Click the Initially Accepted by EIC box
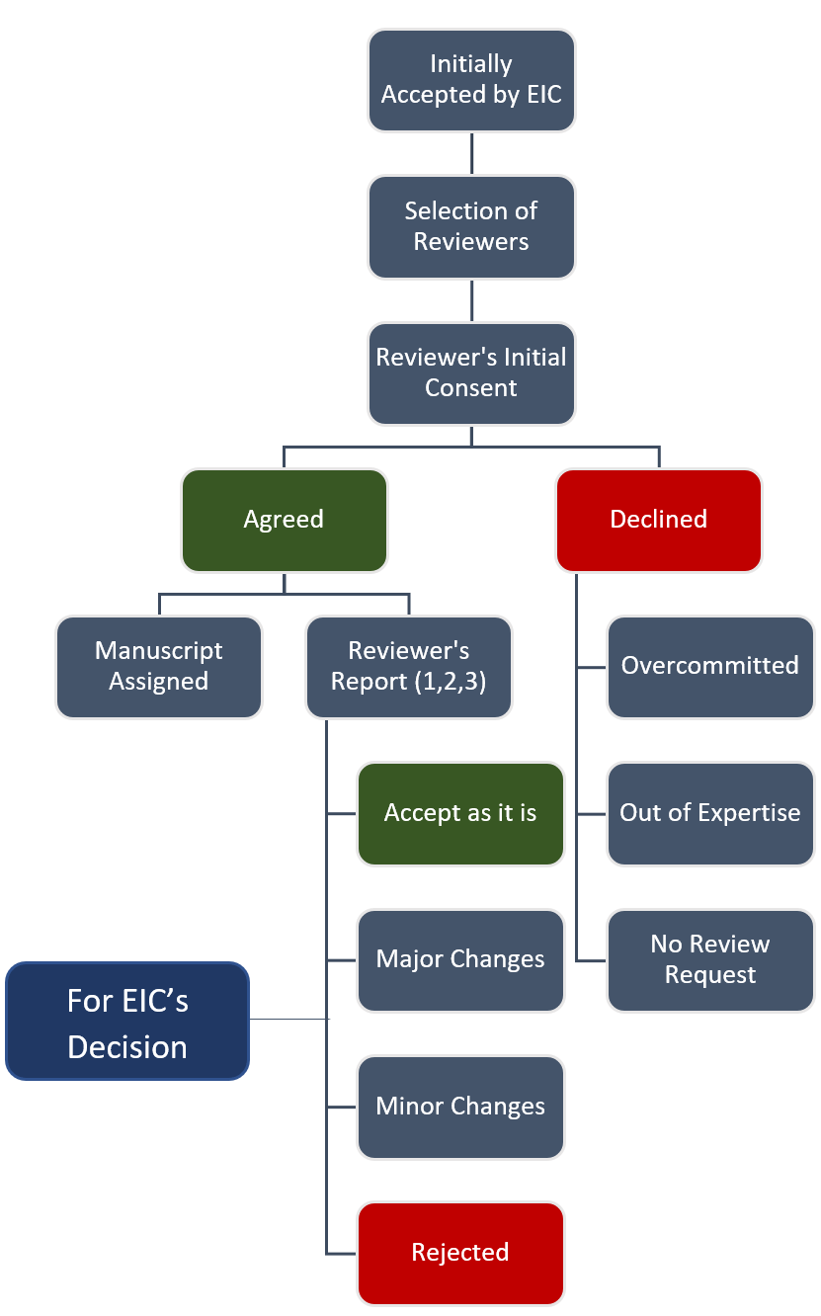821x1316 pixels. [x=471, y=80]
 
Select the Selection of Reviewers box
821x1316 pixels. [x=471, y=226]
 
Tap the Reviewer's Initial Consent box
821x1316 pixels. [x=471, y=372]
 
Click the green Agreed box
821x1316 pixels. [x=284, y=520]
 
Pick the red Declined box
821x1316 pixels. [x=659, y=520]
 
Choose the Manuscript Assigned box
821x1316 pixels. [x=159, y=666]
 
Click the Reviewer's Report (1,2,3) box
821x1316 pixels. [x=409, y=666]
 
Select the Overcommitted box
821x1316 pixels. [x=710, y=666]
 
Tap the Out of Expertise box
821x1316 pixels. [x=710, y=813]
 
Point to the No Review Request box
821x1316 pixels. [x=710, y=959]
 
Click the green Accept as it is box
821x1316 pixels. [x=460, y=813]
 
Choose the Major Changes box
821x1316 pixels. [x=460, y=959]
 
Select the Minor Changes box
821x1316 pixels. [x=460, y=1107]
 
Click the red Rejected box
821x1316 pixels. [x=460, y=1253]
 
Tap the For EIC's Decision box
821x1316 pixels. [x=127, y=1022]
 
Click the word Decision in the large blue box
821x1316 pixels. [x=127, y=1047]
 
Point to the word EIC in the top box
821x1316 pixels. [x=539, y=95]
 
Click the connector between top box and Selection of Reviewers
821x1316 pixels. [x=471, y=153]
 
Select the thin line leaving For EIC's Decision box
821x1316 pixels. [x=288, y=1019]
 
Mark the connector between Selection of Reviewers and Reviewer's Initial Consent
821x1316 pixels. [x=471, y=300]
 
